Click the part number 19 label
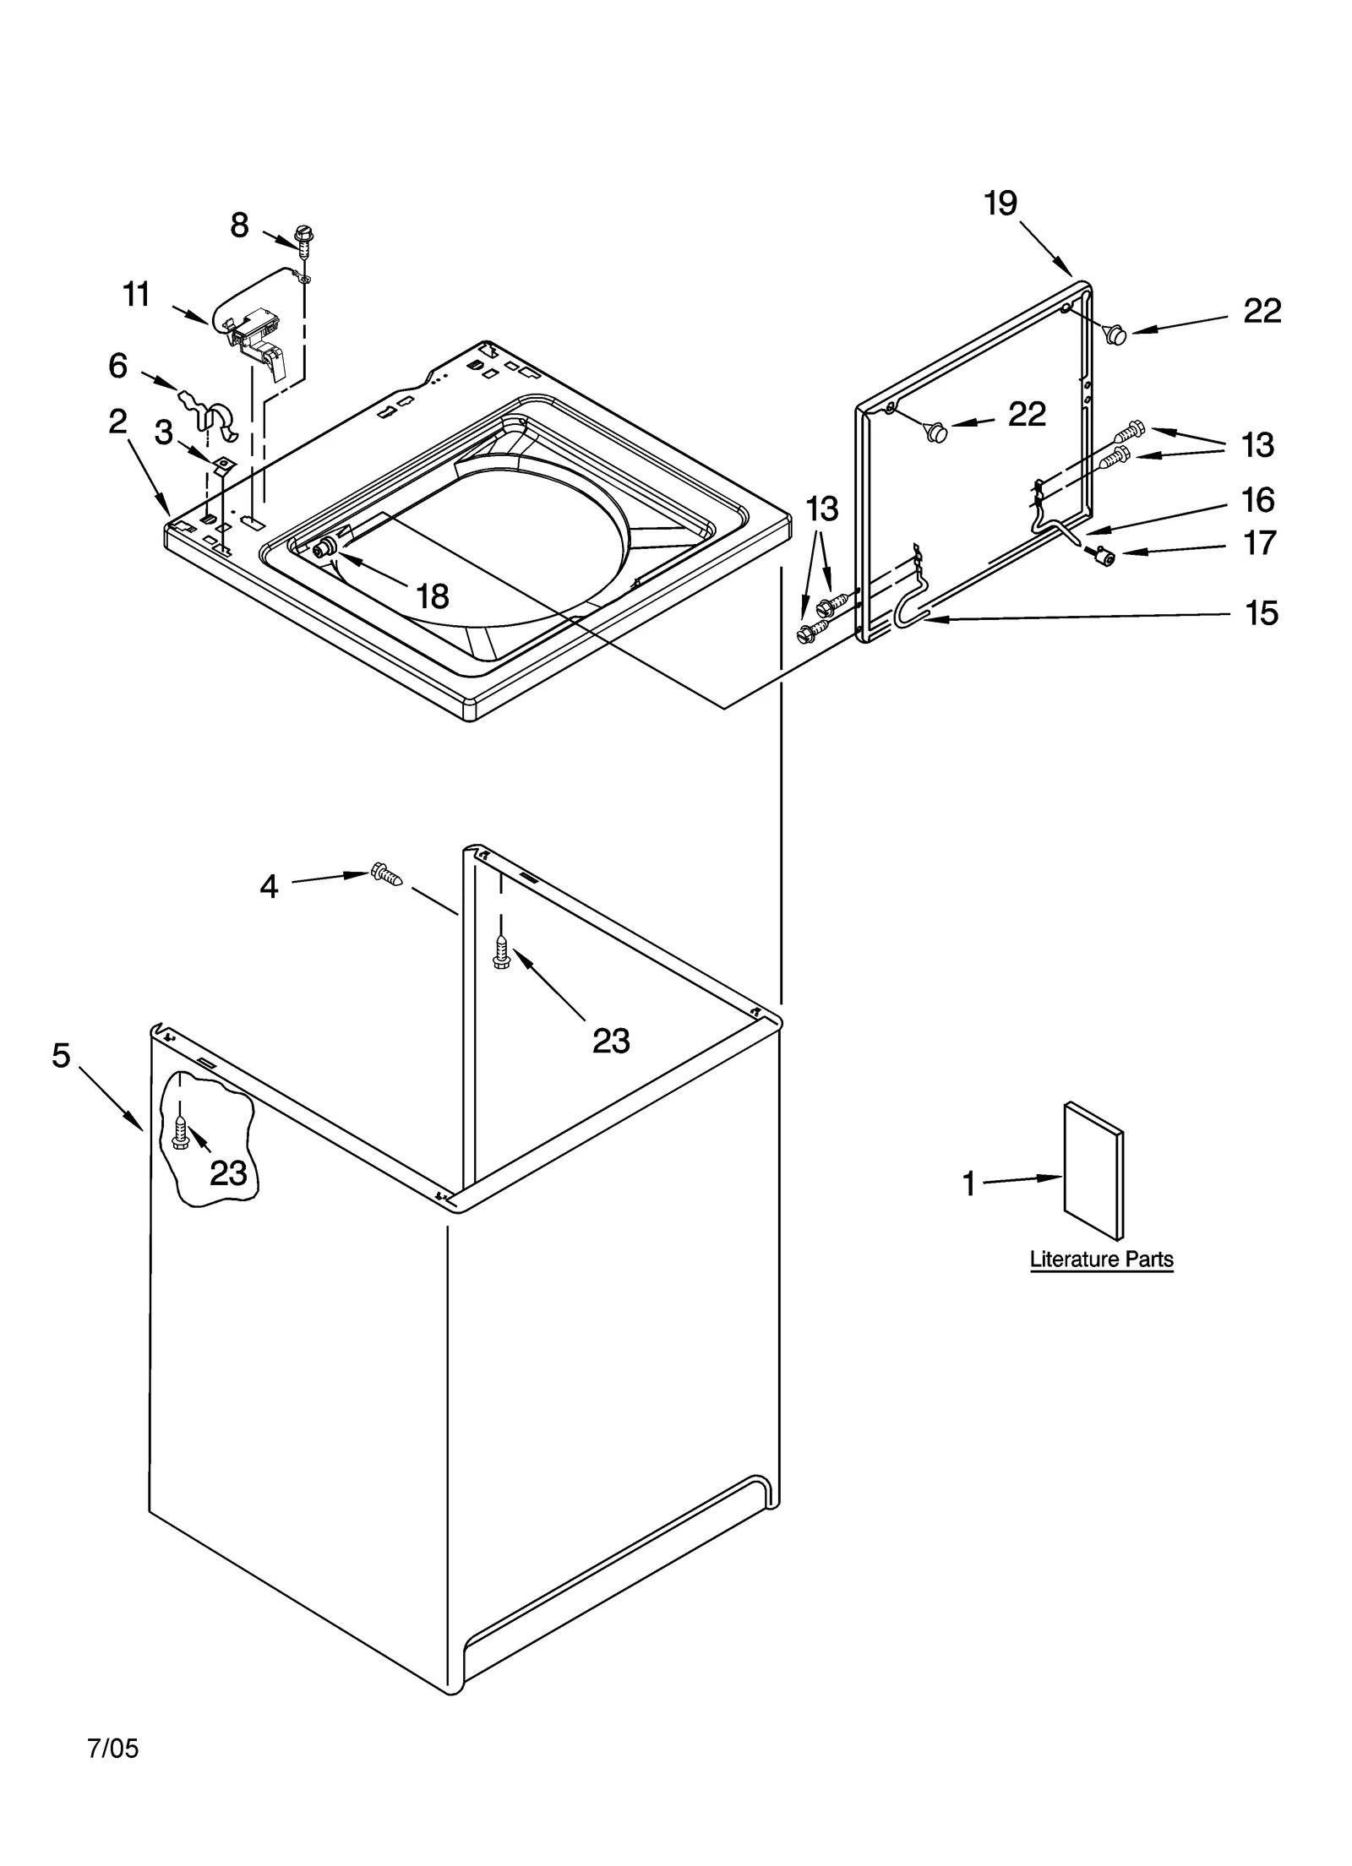pyautogui.click(x=1000, y=204)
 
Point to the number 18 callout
pyautogui.click(x=433, y=597)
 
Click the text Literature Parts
pyautogui.click(x=1101, y=1259)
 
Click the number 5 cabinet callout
pyautogui.click(x=61, y=1055)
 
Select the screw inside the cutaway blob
pyautogui.click(x=180, y=1129)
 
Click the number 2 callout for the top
pyautogui.click(x=118, y=422)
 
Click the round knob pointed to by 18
pyautogui.click(x=322, y=551)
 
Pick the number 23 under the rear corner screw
pyautogui.click(x=610, y=1041)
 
